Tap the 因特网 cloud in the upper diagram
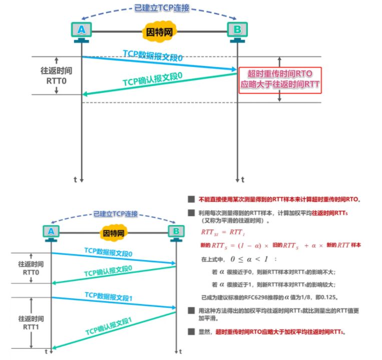point(159,31)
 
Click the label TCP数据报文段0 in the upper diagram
point(153,56)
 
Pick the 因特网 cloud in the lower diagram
point(113,232)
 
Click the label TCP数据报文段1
point(108,296)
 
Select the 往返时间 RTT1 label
point(31,322)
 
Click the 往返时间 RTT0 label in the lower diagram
point(31,268)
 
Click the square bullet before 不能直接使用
point(191,198)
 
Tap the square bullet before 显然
point(191,331)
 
